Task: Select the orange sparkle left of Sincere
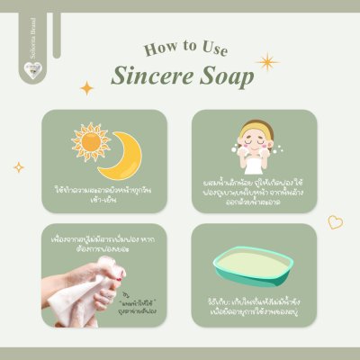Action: [x=87, y=88]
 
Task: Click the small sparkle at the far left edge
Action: [x=18, y=166]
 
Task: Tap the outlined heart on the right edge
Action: [x=334, y=220]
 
